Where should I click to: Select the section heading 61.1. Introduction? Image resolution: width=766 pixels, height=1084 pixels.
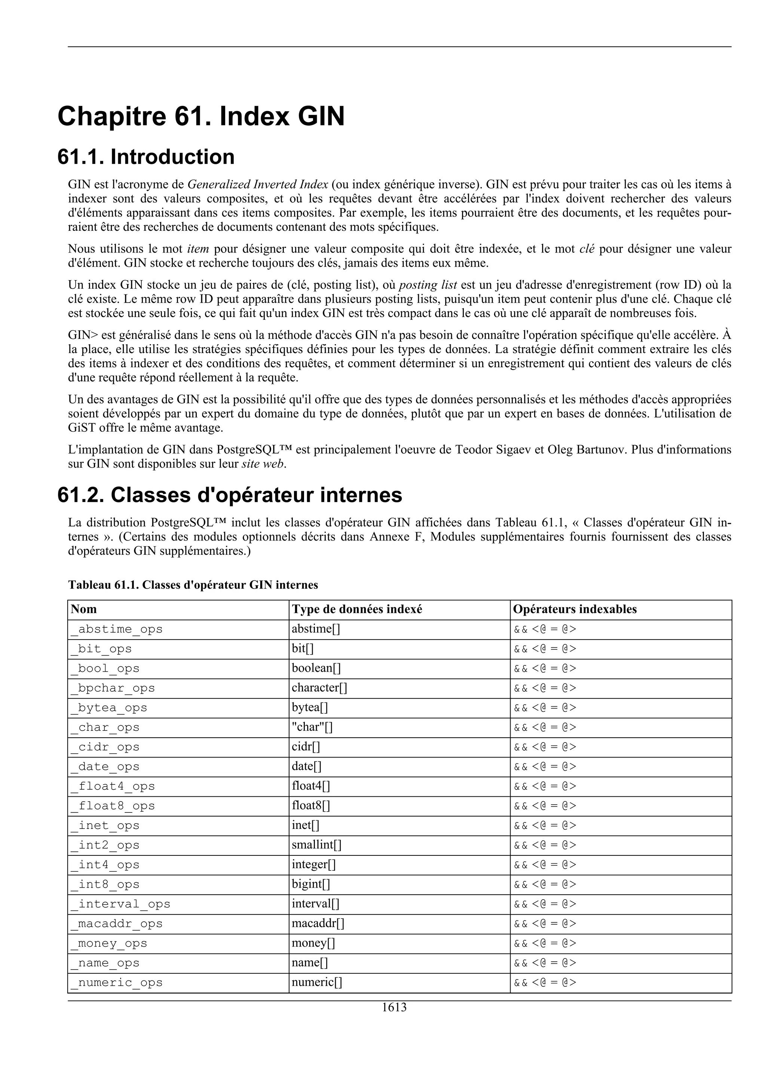click(x=146, y=157)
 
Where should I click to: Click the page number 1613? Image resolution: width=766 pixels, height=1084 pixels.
click(x=394, y=1008)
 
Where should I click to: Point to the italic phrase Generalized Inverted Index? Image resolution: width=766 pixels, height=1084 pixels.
click(x=258, y=184)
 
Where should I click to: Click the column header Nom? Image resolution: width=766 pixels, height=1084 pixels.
click(x=84, y=609)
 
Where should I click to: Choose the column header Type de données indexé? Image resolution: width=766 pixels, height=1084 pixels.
click(x=357, y=609)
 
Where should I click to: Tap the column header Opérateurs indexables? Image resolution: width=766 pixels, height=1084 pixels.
click(x=574, y=609)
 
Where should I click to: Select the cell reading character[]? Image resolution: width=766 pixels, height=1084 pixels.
click(x=319, y=688)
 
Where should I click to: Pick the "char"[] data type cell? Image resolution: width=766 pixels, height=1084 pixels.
click(x=312, y=727)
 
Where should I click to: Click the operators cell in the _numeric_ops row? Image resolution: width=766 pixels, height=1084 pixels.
click(x=545, y=983)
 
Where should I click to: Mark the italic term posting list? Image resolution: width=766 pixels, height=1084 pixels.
click(x=428, y=285)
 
